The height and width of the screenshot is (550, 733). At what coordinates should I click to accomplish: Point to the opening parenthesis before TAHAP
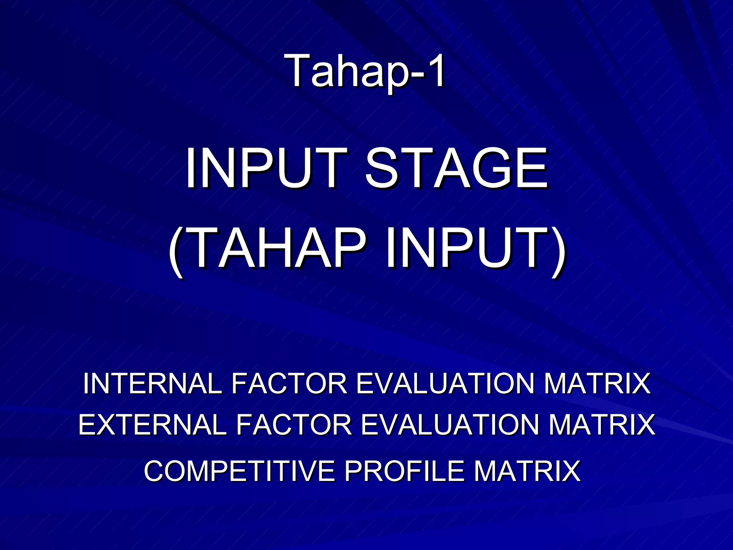pyautogui.click(x=178, y=251)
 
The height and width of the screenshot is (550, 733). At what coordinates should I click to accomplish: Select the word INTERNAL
pyautogui.click(x=152, y=383)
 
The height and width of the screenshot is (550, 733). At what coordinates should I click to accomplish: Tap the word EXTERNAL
pyautogui.click(x=152, y=425)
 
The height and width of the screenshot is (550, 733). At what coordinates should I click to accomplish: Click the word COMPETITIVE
pyautogui.click(x=239, y=471)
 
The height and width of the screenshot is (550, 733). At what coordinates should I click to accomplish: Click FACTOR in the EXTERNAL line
pyautogui.click(x=293, y=425)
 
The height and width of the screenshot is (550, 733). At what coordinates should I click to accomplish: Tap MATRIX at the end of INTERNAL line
pyautogui.click(x=597, y=383)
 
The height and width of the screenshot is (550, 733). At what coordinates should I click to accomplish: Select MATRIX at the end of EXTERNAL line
pyautogui.click(x=601, y=425)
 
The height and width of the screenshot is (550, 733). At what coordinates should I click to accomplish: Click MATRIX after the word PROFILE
pyautogui.click(x=527, y=471)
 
